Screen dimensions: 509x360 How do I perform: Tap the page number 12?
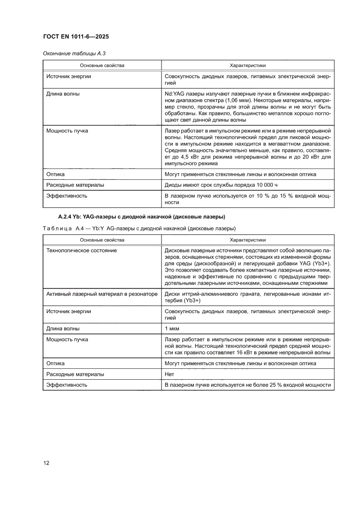coord(47,463)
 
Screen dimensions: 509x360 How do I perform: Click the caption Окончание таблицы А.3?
coord(74,54)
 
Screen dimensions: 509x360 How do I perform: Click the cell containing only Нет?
coord(169,374)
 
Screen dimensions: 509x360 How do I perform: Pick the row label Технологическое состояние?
coord(81,250)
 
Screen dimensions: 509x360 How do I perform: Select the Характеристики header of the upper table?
coord(247,65)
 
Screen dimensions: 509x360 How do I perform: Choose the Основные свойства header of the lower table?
coord(101,240)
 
